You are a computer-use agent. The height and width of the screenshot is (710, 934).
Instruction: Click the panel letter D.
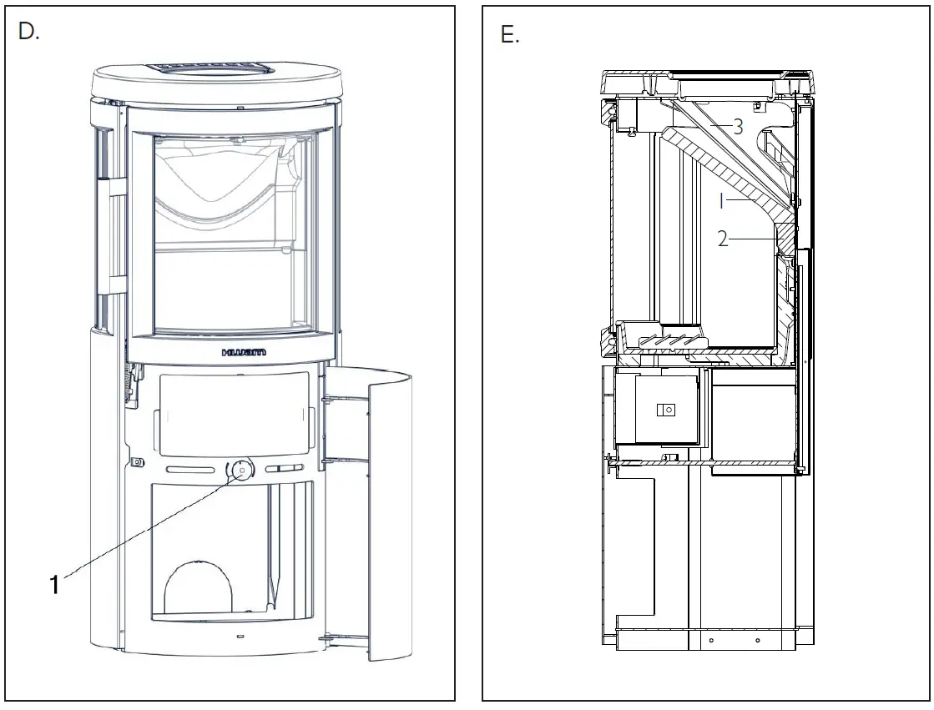[28, 34]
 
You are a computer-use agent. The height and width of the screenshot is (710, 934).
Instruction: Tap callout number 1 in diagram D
[54, 585]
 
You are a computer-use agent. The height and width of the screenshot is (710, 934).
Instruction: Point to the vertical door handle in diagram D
[109, 237]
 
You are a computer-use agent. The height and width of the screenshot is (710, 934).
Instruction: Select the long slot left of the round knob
[193, 471]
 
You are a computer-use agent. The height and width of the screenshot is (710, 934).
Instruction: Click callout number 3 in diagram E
[738, 127]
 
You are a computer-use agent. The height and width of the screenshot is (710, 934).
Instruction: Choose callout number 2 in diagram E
[723, 239]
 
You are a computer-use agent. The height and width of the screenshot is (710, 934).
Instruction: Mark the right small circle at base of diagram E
[756, 641]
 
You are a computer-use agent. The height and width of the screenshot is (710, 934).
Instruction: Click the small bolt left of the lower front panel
[134, 461]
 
